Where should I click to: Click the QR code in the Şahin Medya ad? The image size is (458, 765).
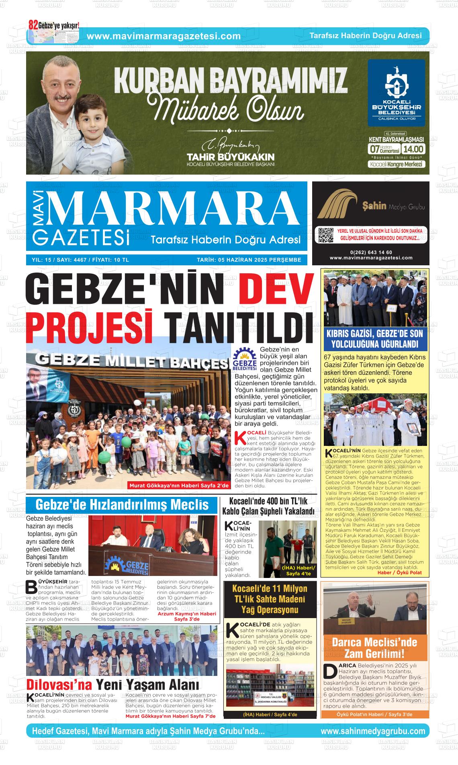click(x=326, y=235)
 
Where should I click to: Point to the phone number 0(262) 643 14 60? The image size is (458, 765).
click(x=371, y=252)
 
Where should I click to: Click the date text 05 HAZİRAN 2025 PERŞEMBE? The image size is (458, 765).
click(x=249, y=260)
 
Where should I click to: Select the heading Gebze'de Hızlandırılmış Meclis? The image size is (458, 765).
click(x=122, y=505)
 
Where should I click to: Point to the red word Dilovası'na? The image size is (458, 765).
click(x=59, y=684)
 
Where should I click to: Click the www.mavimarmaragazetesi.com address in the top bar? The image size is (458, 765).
click(x=164, y=36)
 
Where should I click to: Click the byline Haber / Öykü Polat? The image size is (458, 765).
click(x=399, y=572)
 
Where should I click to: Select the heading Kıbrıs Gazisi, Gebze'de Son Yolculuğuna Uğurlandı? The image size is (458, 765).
click(x=374, y=339)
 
